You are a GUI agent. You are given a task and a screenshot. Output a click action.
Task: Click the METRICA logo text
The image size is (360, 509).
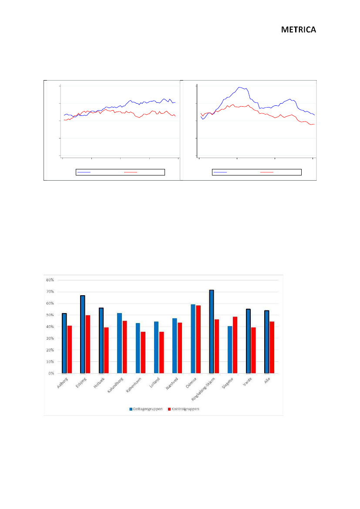tap(298, 30)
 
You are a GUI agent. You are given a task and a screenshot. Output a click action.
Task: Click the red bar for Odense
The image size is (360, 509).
tap(199, 339)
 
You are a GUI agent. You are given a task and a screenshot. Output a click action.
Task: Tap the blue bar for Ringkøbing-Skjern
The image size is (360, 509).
tap(212, 332)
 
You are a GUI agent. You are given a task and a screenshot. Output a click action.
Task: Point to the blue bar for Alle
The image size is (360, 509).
tap(267, 342)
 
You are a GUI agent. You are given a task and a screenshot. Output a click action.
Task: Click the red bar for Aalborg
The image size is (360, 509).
tap(69, 349)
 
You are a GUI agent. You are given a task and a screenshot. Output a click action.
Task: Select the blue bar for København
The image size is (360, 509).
tap(138, 348)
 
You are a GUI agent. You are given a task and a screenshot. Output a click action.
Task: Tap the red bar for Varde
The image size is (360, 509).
tap(253, 350)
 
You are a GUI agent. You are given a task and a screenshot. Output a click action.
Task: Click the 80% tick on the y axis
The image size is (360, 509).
tap(50, 280)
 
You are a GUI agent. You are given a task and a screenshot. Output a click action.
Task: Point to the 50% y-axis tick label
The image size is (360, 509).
tap(50, 315)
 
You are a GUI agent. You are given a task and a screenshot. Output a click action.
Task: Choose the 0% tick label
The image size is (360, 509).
tap(51, 373)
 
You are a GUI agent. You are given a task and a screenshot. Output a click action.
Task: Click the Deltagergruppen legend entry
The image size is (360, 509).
tap(145, 409)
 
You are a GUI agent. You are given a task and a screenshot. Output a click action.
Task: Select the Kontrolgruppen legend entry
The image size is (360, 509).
tap(183, 409)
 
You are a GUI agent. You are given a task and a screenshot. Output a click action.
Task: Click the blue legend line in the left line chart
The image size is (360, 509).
tap(84, 172)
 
